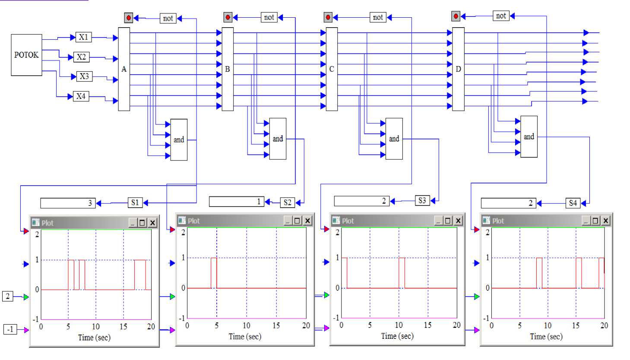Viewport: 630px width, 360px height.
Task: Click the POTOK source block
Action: click(x=26, y=55)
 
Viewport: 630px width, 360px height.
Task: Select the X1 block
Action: click(x=83, y=37)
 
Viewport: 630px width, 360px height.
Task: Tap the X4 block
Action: click(x=81, y=96)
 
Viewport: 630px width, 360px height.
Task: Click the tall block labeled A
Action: click(x=124, y=69)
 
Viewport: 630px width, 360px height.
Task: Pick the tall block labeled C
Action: click(x=332, y=69)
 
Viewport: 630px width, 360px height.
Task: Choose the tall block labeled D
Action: click(x=458, y=69)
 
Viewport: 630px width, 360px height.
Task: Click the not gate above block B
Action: click(x=269, y=17)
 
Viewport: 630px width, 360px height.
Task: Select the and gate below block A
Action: click(x=179, y=139)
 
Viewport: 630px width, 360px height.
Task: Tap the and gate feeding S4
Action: click(x=529, y=136)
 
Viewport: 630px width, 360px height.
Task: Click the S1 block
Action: click(x=135, y=202)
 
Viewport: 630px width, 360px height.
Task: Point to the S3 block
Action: click(x=422, y=200)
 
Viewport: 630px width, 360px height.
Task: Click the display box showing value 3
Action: click(x=68, y=203)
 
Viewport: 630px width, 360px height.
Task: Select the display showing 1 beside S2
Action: click(x=236, y=202)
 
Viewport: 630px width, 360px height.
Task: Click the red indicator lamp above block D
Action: click(x=456, y=16)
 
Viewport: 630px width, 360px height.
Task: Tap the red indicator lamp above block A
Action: click(x=128, y=18)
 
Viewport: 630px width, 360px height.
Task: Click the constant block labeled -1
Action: click(x=10, y=329)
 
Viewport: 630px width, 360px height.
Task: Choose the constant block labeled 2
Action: click(x=8, y=296)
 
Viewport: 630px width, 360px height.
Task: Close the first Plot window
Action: click(x=152, y=223)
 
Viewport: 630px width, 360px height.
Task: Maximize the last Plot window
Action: click(x=595, y=221)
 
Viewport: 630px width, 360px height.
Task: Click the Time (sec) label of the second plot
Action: click(x=245, y=336)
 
